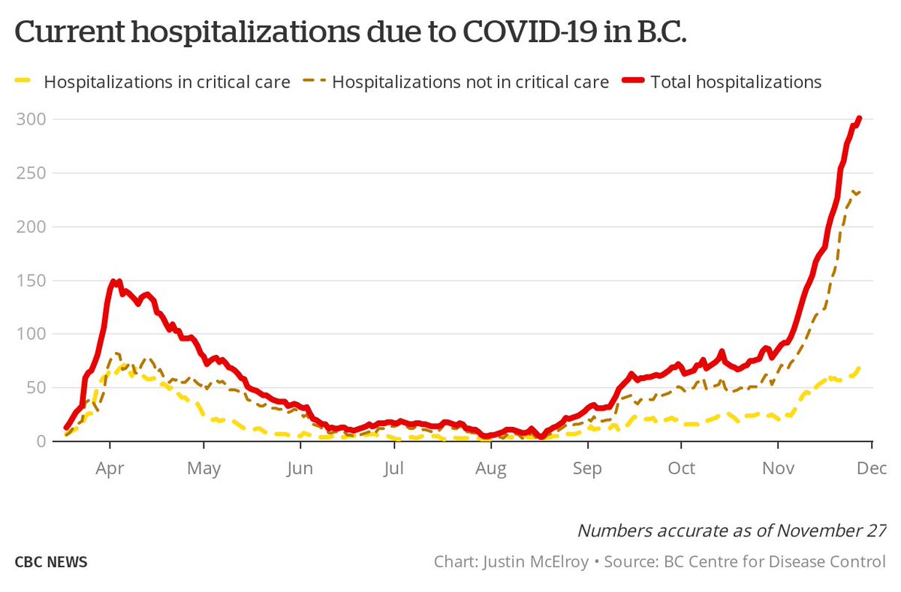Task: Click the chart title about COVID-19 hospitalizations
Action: pyautogui.click(x=350, y=33)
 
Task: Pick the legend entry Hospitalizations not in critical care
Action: pyautogui.click(x=470, y=82)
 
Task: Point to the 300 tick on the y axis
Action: pyautogui.click(x=30, y=119)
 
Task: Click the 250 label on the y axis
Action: pyautogui.click(x=30, y=173)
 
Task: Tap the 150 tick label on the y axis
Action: pyautogui.click(x=30, y=281)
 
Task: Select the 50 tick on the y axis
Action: pyautogui.click(x=34, y=388)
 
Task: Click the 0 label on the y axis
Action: pyautogui.click(x=41, y=441)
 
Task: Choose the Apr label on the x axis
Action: pyautogui.click(x=110, y=469)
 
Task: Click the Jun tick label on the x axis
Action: pyautogui.click(x=300, y=469)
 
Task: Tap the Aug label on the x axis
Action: pyautogui.click(x=490, y=469)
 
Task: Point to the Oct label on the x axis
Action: pyautogui.click(x=681, y=469)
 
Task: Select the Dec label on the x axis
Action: pyautogui.click(x=871, y=469)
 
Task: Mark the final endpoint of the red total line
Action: pyautogui.click(x=859, y=119)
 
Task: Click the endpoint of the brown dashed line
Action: pyautogui.click(x=859, y=192)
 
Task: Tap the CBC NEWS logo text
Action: pyautogui.click(x=50, y=562)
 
